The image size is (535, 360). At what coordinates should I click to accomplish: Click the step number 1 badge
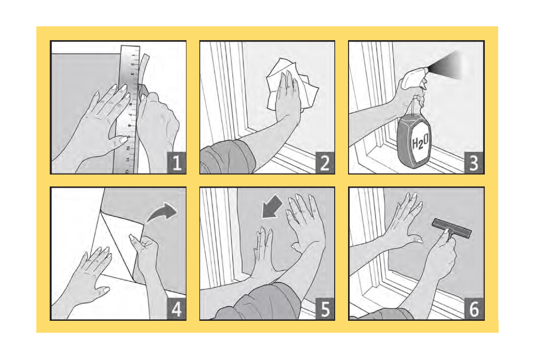176,163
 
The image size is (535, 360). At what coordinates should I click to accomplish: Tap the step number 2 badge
325,163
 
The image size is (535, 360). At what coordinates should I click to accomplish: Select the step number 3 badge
474,163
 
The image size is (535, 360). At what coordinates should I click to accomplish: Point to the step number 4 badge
176,309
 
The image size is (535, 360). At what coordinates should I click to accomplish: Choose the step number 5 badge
325,309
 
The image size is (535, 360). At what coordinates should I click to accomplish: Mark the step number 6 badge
474,309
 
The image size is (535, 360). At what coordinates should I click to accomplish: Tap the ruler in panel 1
129,109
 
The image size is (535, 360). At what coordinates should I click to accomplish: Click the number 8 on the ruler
129,126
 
